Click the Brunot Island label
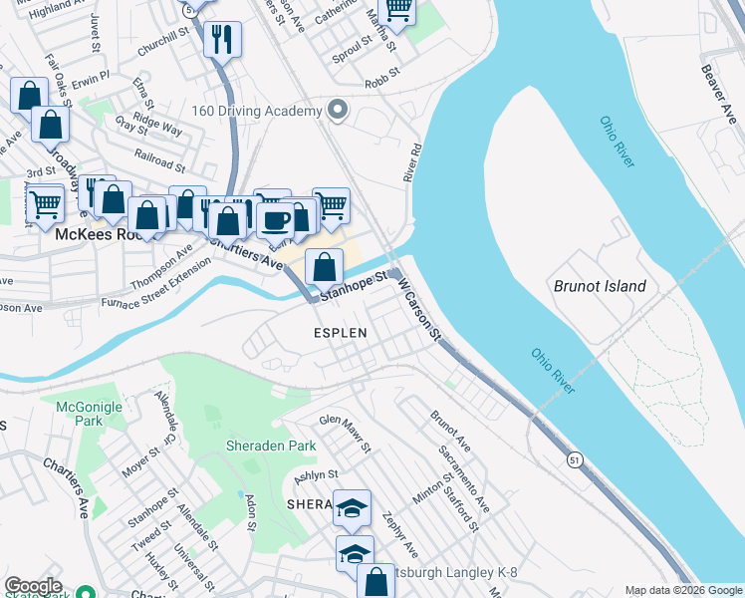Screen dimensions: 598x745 click(600, 287)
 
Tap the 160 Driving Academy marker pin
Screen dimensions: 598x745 click(339, 110)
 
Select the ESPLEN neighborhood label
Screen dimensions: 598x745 click(341, 333)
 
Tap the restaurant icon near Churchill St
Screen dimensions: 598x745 click(219, 40)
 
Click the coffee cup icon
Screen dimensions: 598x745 click(276, 219)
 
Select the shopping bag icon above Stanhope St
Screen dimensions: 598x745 click(324, 266)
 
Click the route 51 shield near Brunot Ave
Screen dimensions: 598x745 click(575, 459)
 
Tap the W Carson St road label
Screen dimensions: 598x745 click(419, 308)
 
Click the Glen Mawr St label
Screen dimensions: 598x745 click(345, 434)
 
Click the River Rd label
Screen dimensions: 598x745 click(411, 160)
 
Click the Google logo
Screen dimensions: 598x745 click(33, 586)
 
